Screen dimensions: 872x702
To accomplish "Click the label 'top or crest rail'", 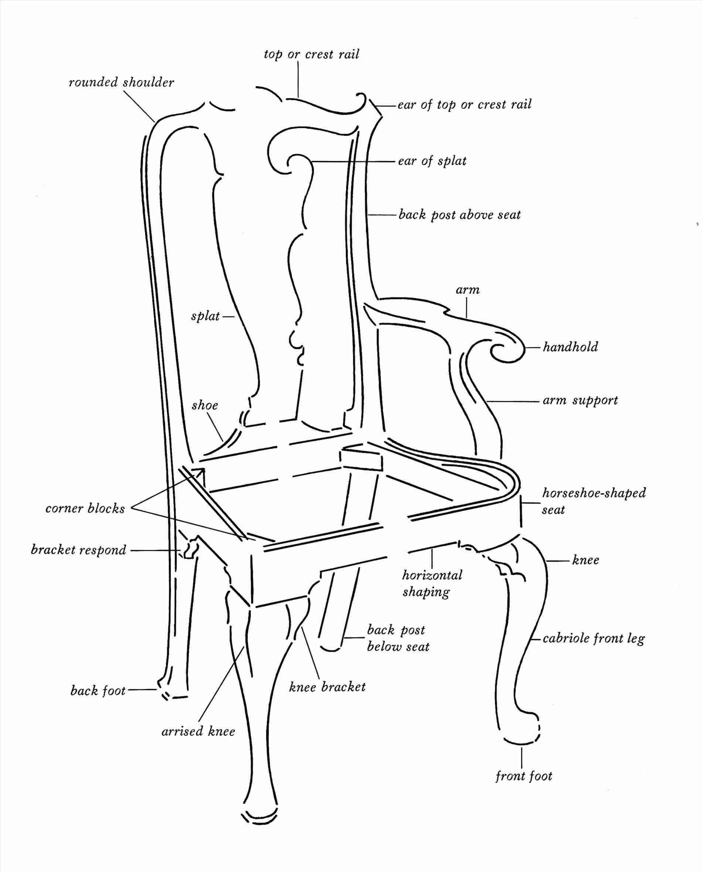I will [311, 54].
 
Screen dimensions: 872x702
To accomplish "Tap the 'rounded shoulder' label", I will [121, 82].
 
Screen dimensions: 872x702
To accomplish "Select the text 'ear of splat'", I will [432, 161].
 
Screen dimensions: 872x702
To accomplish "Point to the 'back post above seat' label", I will [459, 214].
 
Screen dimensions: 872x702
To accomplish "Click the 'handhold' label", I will [570, 347].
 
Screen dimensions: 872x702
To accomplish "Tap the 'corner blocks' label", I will [85, 508].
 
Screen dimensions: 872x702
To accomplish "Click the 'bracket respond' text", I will [79, 550].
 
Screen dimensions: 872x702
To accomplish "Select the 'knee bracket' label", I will [327, 687].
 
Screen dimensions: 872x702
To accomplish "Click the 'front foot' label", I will [524, 787].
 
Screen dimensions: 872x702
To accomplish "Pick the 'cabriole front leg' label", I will [594, 638].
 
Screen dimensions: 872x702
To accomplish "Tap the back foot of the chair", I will [170, 691].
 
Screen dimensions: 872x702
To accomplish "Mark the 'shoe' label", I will [205, 405].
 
